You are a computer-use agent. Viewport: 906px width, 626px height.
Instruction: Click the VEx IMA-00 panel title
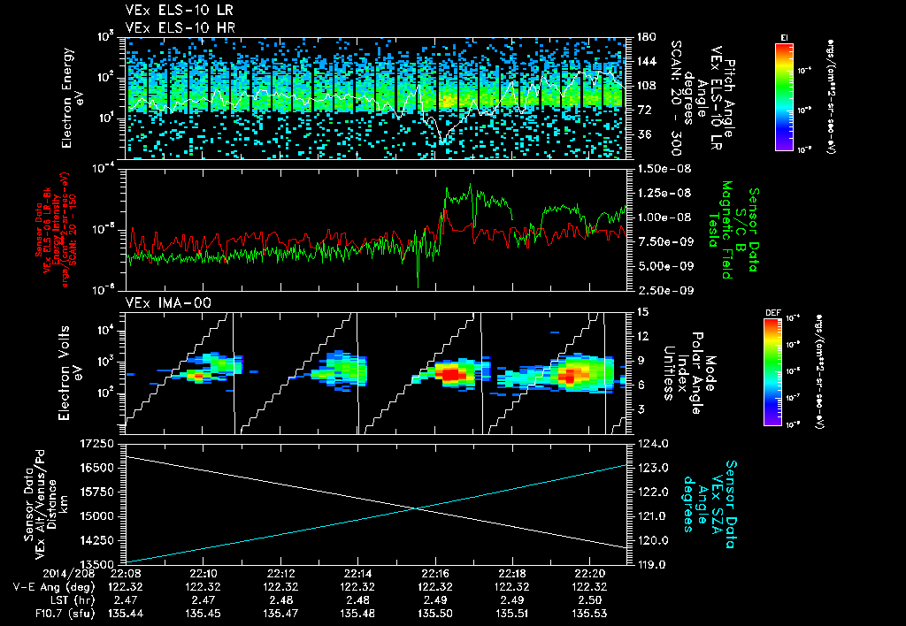click(x=159, y=303)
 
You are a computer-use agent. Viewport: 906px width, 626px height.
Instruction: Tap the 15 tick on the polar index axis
click(x=642, y=311)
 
